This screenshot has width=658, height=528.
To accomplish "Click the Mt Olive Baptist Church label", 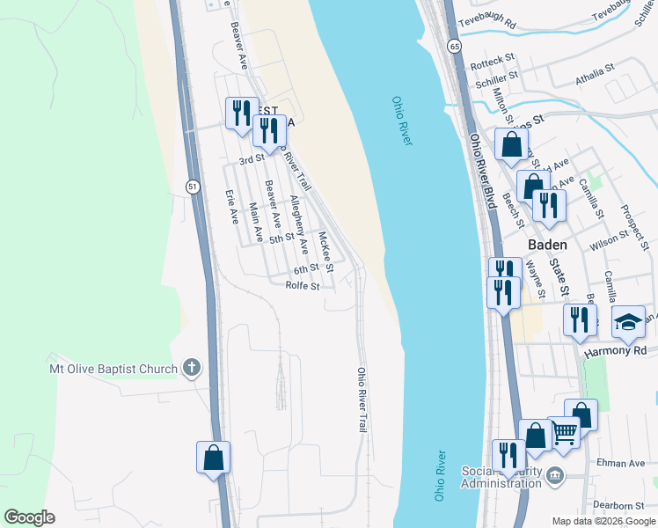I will coord(113,369).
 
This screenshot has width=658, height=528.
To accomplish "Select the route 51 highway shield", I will coord(192,186).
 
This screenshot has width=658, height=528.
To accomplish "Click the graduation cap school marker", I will coord(629,323).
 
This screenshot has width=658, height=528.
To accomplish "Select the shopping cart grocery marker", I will coord(564,432).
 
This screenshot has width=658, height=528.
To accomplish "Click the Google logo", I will coord(29,517).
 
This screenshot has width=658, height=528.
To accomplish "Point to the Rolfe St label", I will coord(303,285).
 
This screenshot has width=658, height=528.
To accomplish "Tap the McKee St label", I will coord(325,251).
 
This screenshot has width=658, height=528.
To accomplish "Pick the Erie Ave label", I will coord(232,206).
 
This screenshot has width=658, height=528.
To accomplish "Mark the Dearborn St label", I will coord(618,505).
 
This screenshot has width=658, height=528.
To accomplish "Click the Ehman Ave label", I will coord(625,463).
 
